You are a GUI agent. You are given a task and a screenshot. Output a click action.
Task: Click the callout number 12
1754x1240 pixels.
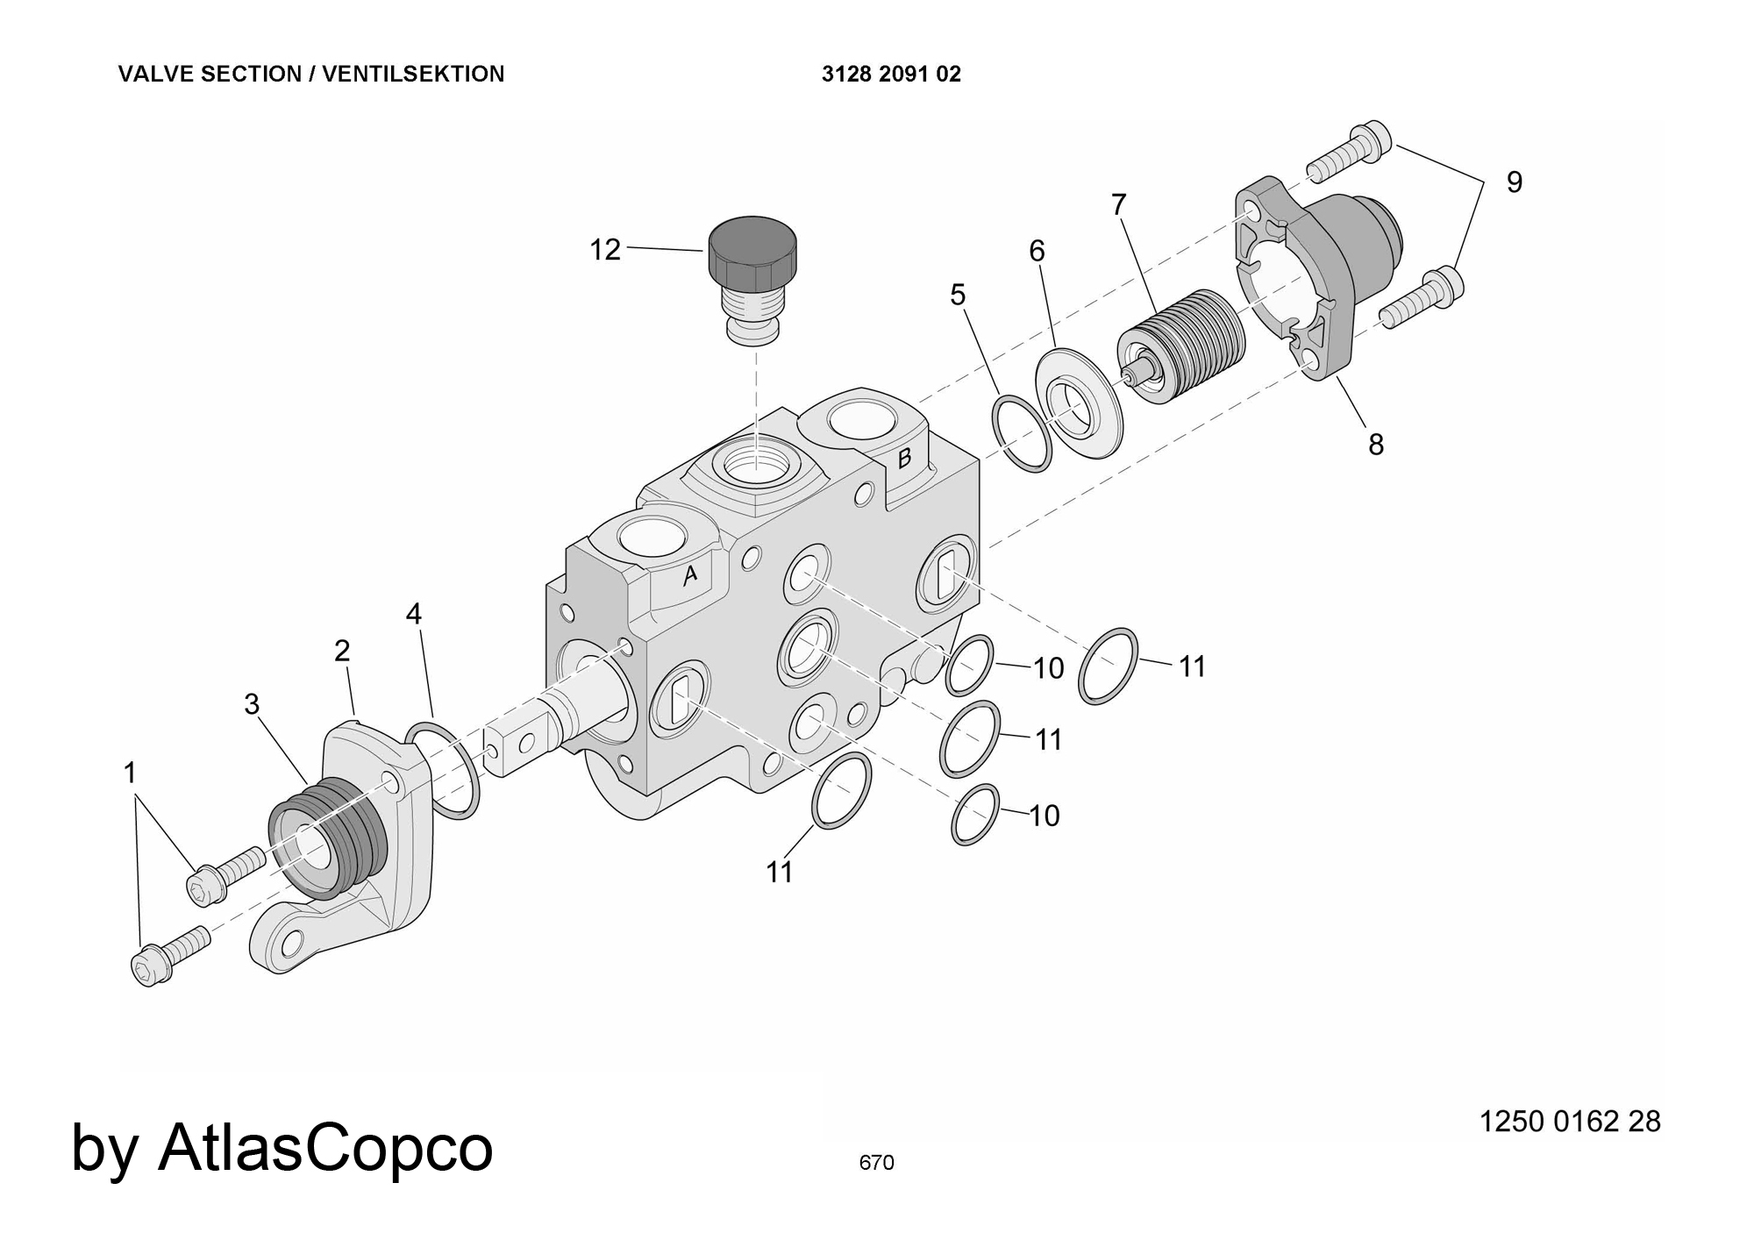(605, 250)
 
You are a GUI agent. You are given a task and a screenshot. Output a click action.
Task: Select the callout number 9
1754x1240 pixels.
(1515, 182)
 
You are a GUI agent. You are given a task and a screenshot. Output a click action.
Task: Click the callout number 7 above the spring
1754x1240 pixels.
(1118, 204)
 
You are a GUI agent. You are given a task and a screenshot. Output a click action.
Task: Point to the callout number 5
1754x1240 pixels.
(958, 295)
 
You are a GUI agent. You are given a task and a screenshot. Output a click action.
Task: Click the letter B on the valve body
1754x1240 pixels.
(905, 458)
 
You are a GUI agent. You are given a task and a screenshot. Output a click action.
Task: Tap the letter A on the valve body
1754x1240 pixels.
(690, 574)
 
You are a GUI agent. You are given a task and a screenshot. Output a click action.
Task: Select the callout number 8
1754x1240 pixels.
(1376, 445)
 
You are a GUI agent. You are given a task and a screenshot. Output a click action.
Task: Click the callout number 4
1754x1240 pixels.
(414, 614)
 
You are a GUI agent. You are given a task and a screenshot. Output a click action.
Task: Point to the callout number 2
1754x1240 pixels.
(342, 651)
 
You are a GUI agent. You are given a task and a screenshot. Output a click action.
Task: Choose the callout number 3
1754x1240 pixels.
(253, 703)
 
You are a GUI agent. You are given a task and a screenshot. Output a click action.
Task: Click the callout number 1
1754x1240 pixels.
(131, 773)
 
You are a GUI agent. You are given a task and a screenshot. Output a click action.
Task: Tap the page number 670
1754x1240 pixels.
(876, 1163)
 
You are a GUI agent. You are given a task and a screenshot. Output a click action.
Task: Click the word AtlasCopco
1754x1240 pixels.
(325, 1147)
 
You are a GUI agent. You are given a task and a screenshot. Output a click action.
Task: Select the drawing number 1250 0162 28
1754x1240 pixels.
(1570, 1122)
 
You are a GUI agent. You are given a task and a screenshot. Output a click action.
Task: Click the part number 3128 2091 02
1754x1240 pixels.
(891, 75)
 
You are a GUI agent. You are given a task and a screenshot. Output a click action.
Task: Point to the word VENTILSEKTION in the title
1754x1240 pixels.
(413, 75)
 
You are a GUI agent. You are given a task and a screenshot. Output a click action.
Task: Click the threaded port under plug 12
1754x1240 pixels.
(754, 466)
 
